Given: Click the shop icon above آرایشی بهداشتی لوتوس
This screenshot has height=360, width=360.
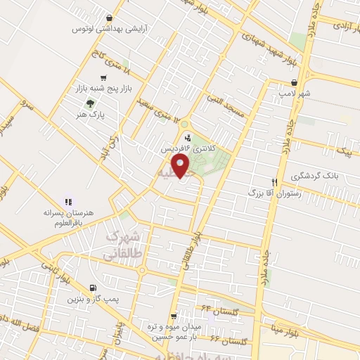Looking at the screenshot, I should click(x=108, y=19).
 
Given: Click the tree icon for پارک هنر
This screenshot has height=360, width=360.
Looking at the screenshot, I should click(x=89, y=102).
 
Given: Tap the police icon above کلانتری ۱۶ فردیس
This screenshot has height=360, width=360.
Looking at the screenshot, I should click(x=186, y=137).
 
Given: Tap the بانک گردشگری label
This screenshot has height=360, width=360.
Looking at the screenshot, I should click(x=330, y=176).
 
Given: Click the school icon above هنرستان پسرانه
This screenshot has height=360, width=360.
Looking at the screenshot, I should click(x=68, y=202).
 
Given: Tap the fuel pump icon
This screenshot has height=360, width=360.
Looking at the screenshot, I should click(x=94, y=288).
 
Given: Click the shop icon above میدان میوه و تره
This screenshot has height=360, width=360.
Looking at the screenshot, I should click(x=184, y=316).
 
